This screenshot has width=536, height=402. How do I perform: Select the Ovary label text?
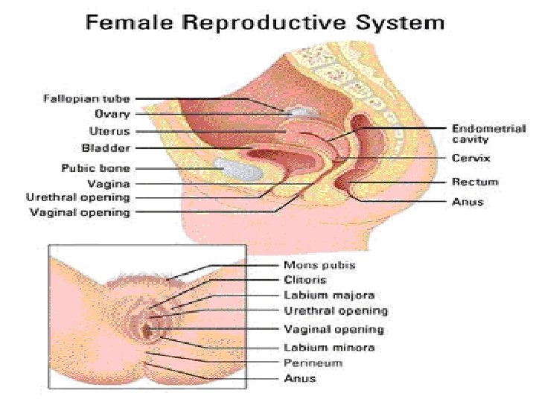tap(112, 115)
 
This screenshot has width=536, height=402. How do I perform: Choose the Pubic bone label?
tap(95, 167)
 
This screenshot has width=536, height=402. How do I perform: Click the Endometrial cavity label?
tap(488, 133)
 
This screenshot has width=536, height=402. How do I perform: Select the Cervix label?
tap(470, 158)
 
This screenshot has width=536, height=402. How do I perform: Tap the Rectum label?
tap(475, 182)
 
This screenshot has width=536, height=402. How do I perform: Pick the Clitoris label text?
tap(304, 280)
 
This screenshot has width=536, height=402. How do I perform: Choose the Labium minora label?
tap(329, 347)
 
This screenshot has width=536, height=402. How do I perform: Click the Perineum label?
tap(313, 363)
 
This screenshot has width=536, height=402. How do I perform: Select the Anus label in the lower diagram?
tap(299, 378)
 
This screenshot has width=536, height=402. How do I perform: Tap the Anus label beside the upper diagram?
tap(468, 202)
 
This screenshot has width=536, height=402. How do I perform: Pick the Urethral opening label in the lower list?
tap(335, 311)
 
